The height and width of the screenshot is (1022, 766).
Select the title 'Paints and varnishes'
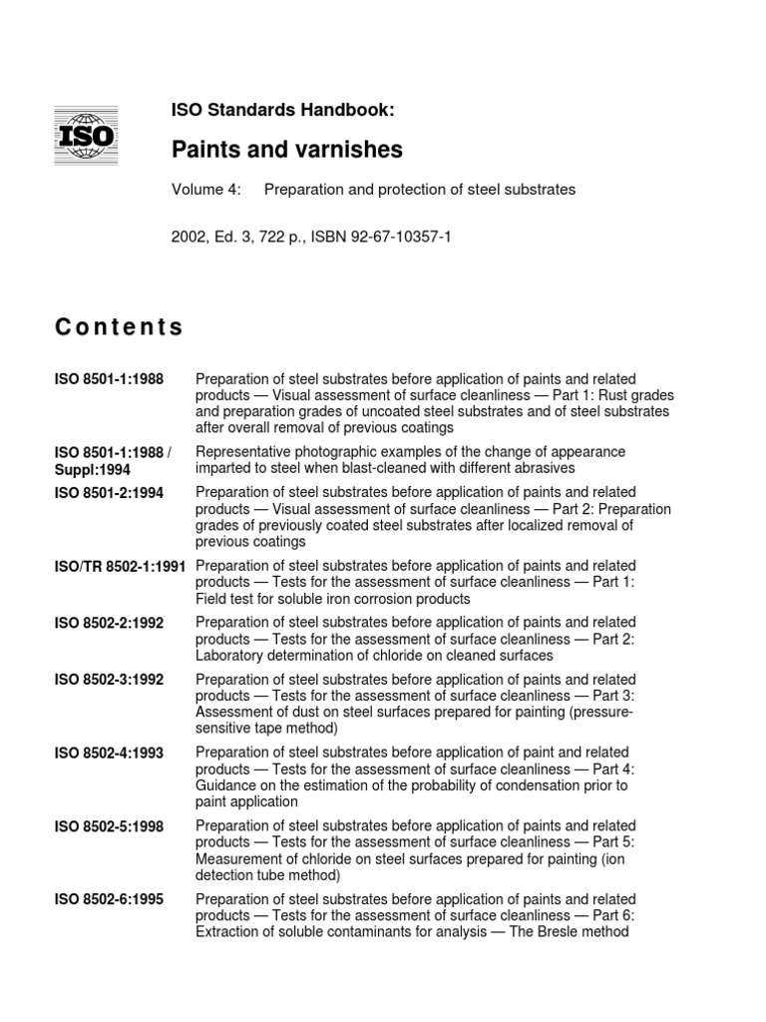[287, 150]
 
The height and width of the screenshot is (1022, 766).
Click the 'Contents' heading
[119, 326]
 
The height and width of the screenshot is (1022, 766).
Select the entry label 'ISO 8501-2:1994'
[109, 493]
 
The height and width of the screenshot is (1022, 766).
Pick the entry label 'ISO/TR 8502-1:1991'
[120, 565]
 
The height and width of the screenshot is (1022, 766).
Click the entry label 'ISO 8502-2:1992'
[109, 623]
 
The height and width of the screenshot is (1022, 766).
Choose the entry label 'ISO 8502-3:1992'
[109, 680]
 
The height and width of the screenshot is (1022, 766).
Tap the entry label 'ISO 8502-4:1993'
[109, 752]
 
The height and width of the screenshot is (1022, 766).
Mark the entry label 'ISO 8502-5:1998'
[109, 825]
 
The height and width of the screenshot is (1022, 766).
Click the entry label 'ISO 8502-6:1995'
[109, 898]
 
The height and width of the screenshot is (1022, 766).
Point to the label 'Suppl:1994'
[92, 468]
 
